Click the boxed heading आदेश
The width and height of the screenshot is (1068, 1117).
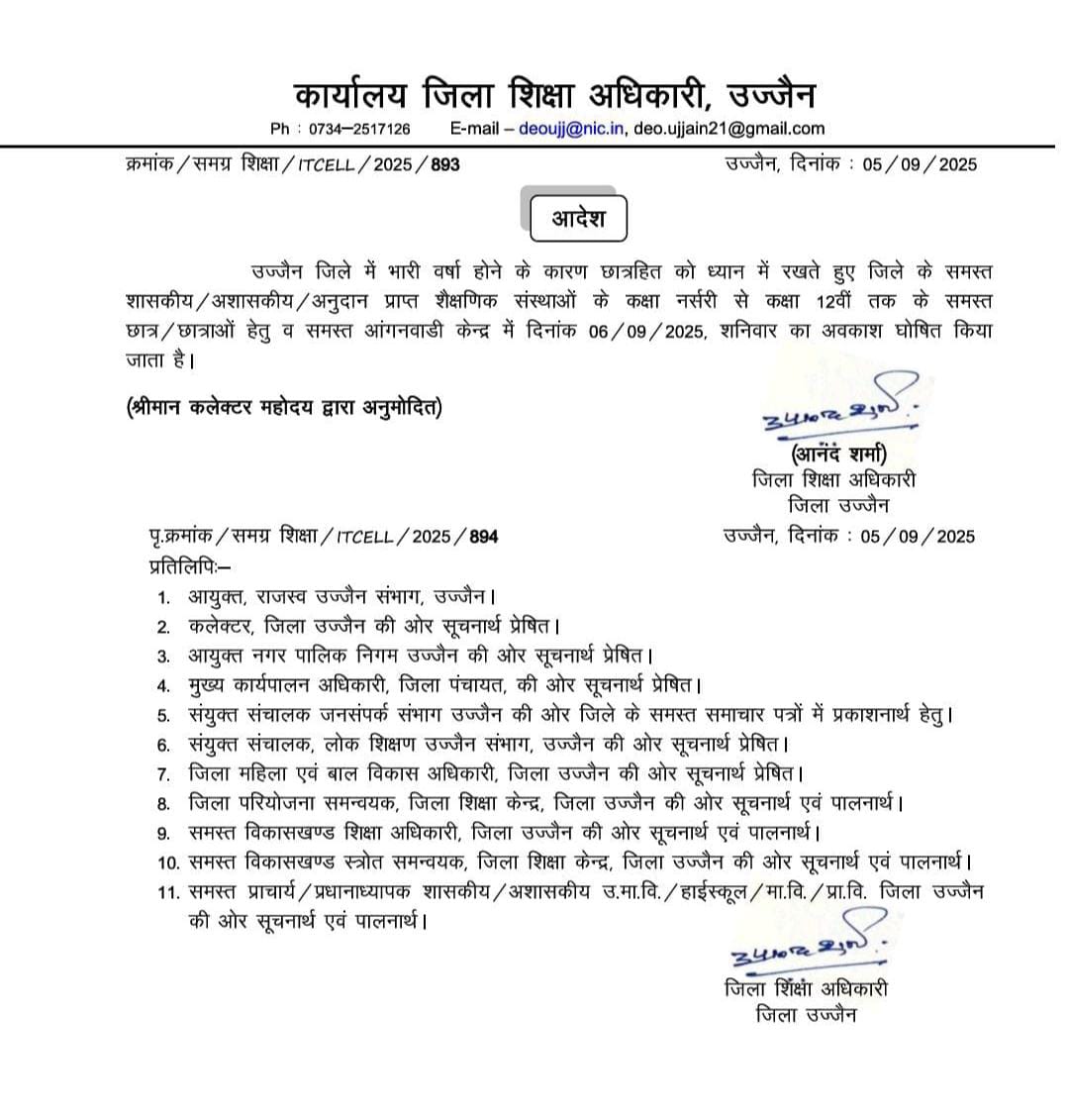(579, 219)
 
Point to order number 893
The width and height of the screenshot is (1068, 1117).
(445, 164)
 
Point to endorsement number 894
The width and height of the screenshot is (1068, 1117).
(483, 537)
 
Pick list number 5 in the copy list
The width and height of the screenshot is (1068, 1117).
(163, 714)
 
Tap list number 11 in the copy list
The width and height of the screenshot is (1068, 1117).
(168, 892)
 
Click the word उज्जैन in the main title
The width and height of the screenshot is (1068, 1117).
(771, 96)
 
